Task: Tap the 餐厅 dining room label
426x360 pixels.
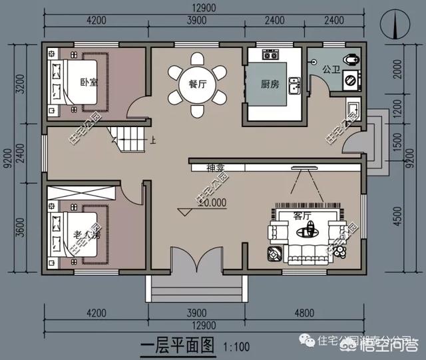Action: [196, 84]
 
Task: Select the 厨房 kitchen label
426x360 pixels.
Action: [270, 85]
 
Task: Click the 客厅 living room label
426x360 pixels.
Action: [302, 216]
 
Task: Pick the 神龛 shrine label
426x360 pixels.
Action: [216, 167]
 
